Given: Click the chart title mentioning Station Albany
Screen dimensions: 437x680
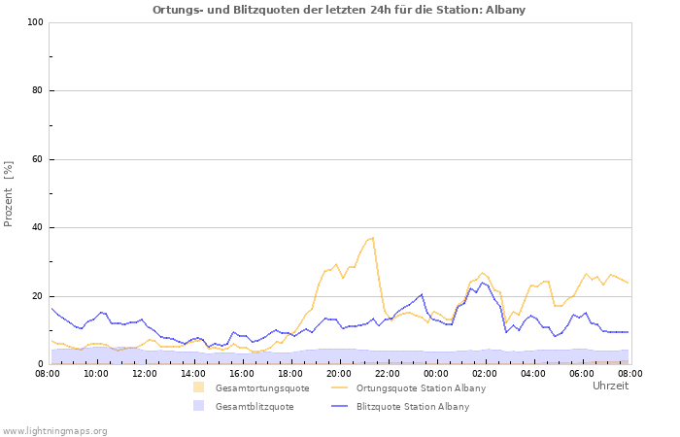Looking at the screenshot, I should [339, 10].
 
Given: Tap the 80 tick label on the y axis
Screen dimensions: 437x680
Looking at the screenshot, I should [38, 91].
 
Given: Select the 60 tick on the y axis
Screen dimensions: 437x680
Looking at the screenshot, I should [38, 159].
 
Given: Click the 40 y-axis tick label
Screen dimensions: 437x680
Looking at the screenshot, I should [38, 228].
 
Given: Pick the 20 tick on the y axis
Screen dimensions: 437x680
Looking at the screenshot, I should [38, 296].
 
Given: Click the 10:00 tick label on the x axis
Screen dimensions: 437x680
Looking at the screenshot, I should [96, 373].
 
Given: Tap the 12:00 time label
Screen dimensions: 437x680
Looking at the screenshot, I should [145, 373].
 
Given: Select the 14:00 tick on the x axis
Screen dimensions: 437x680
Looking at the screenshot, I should [193, 373].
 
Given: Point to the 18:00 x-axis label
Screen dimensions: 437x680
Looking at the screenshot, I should [290, 373].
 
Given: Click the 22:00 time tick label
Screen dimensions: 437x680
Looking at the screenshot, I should [388, 373].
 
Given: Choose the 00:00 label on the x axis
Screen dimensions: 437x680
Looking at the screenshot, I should [436, 373].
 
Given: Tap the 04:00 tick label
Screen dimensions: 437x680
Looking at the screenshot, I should [533, 373].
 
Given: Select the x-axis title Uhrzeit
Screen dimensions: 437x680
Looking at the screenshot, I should [610, 386].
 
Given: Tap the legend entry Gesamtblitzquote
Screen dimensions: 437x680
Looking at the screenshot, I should [255, 407].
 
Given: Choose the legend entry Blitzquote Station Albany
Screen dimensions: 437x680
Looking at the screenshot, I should [413, 407].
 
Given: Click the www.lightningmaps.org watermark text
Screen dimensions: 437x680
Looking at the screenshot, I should [55, 430].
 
